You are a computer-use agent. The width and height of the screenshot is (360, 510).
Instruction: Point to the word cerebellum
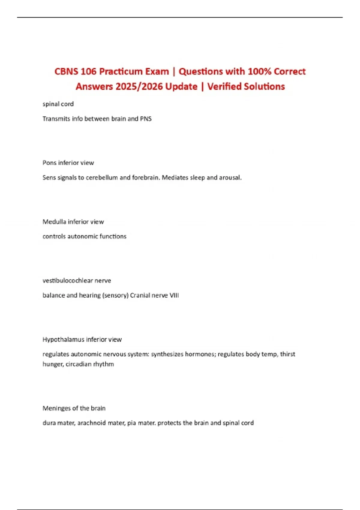[x=102, y=178]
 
